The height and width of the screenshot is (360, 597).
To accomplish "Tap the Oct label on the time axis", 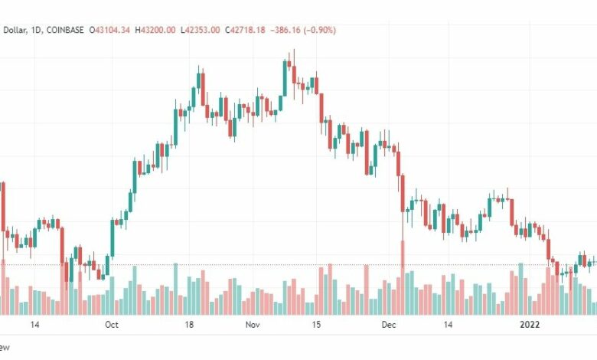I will [111, 325].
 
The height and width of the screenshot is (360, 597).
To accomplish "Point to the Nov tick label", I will [253, 325].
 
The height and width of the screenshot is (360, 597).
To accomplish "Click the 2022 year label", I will [530, 325].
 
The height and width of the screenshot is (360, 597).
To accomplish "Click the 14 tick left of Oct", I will [34, 325].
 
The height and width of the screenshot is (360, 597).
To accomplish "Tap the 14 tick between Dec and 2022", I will [449, 325].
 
